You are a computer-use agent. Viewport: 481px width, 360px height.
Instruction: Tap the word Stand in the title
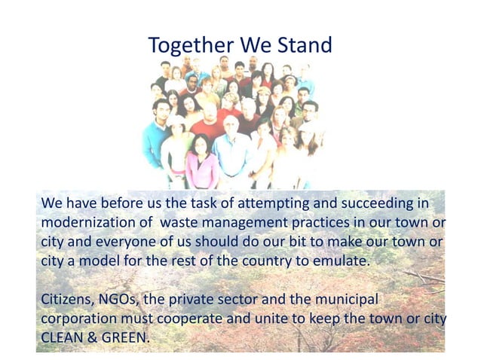302,45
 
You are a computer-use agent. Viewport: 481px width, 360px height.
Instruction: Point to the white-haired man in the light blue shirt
231,147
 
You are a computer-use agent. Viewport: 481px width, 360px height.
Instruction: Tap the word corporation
77,319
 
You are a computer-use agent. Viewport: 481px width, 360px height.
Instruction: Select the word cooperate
185,319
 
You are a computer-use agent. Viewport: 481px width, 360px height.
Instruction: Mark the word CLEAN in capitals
60,337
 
